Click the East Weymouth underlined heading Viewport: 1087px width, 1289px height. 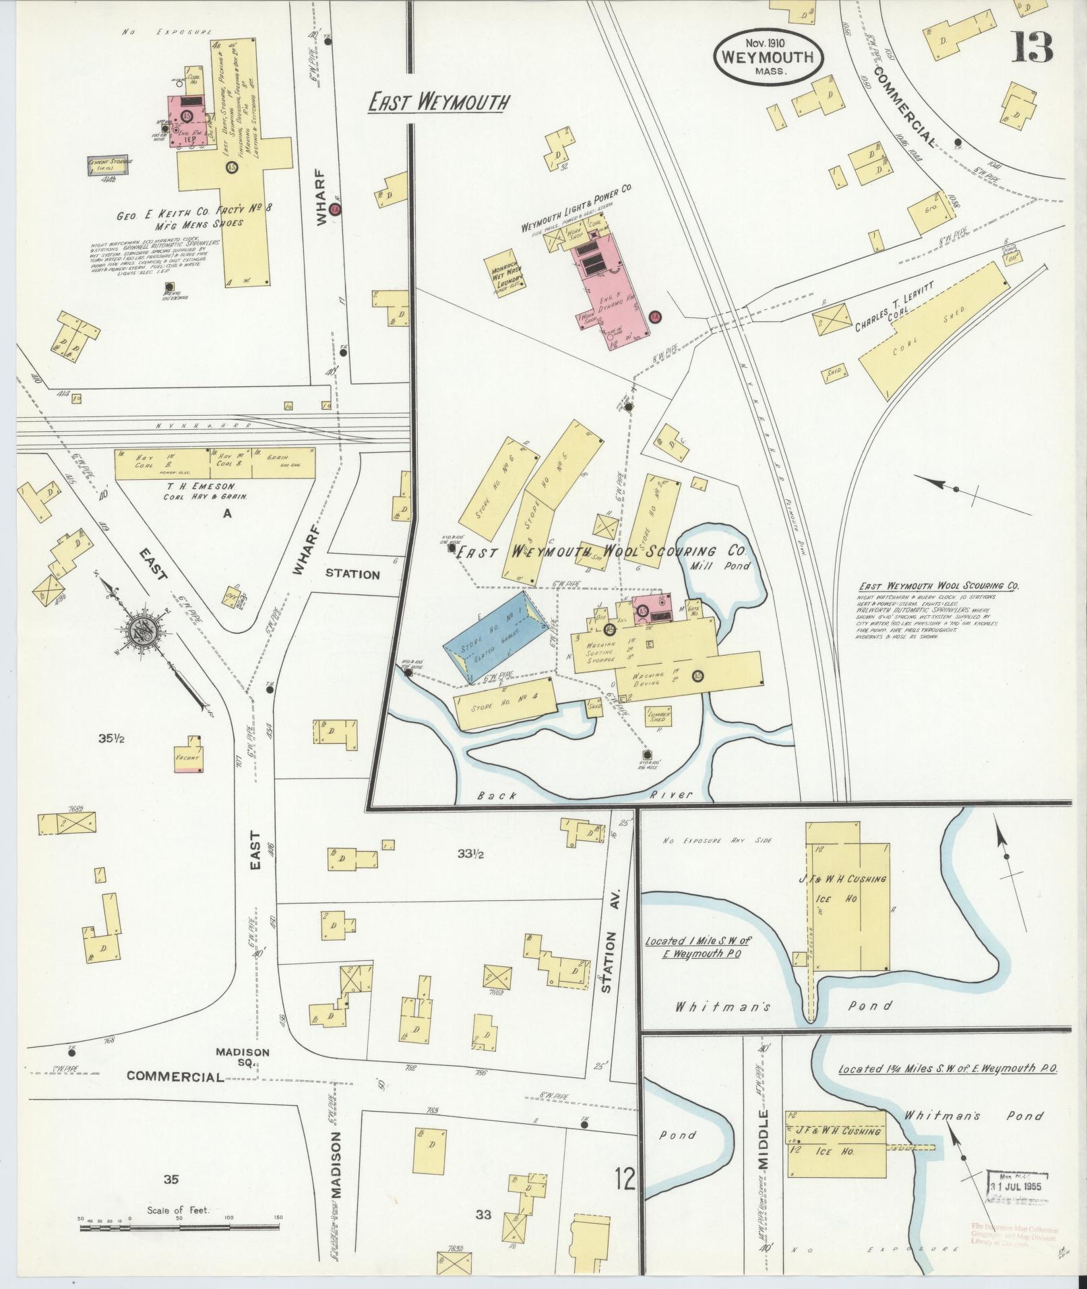[x=438, y=103]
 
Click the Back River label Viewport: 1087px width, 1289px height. [x=580, y=796]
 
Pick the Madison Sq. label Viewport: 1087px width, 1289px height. [x=243, y=1057]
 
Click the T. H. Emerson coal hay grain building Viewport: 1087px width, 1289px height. [x=214, y=464]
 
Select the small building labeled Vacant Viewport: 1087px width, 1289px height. [x=188, y=757]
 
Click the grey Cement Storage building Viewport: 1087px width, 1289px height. [x=109, y=166]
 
